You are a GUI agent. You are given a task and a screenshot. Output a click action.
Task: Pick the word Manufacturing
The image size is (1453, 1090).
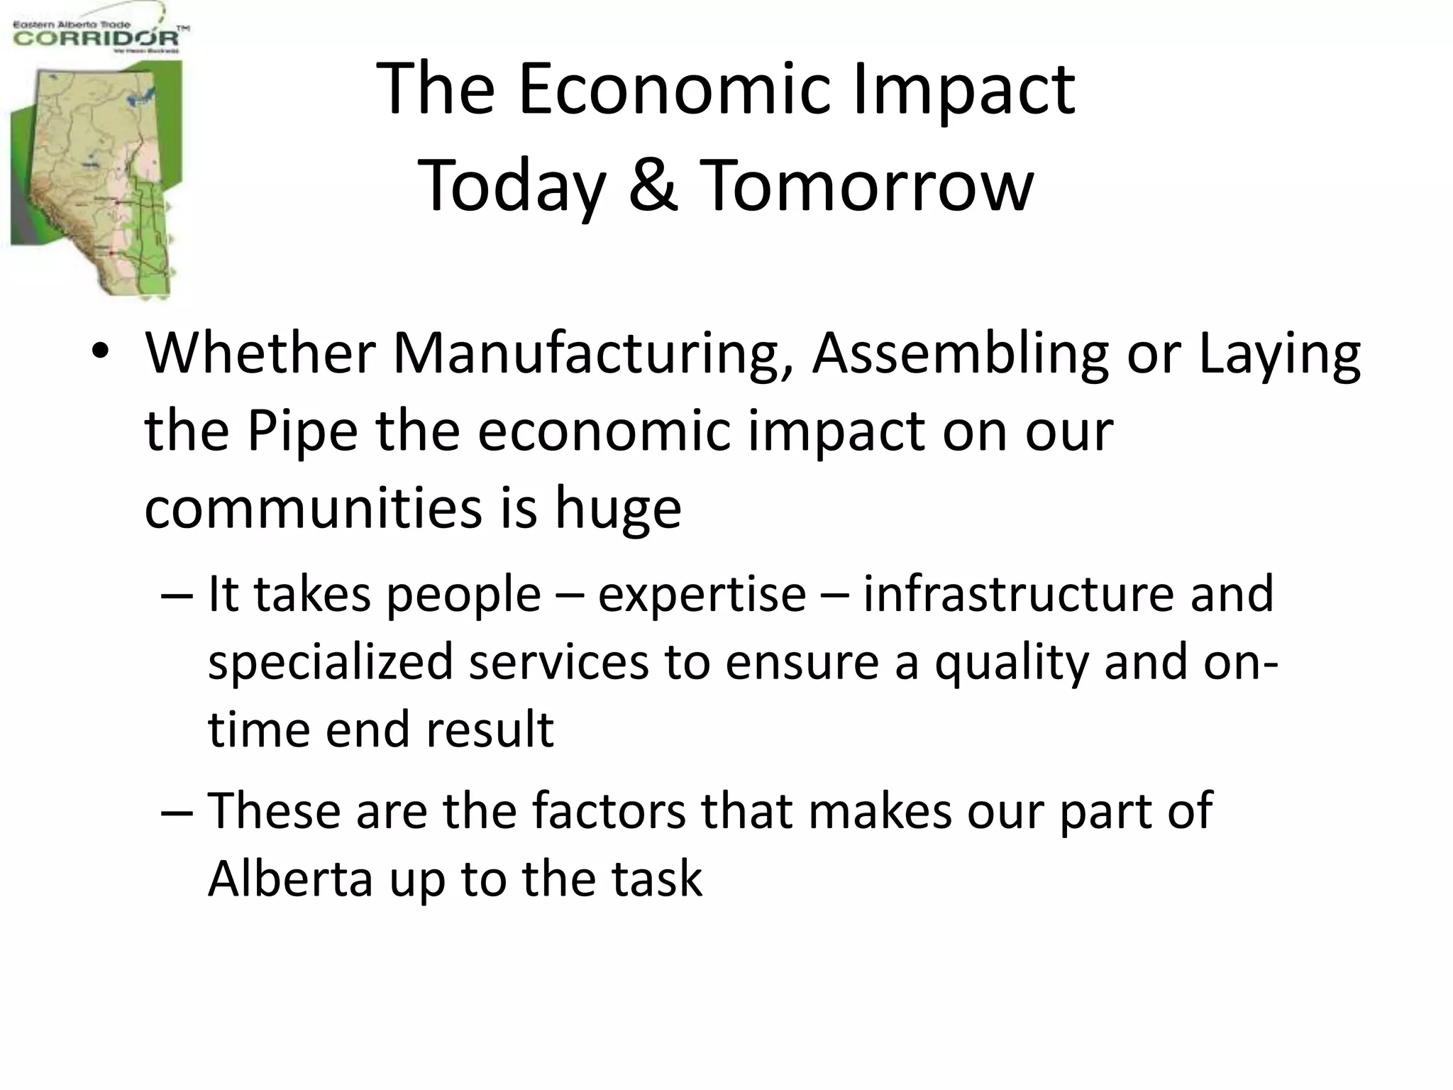tap(592, 353)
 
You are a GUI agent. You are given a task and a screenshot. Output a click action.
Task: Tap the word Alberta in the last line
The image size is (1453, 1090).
tap(290, 879)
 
